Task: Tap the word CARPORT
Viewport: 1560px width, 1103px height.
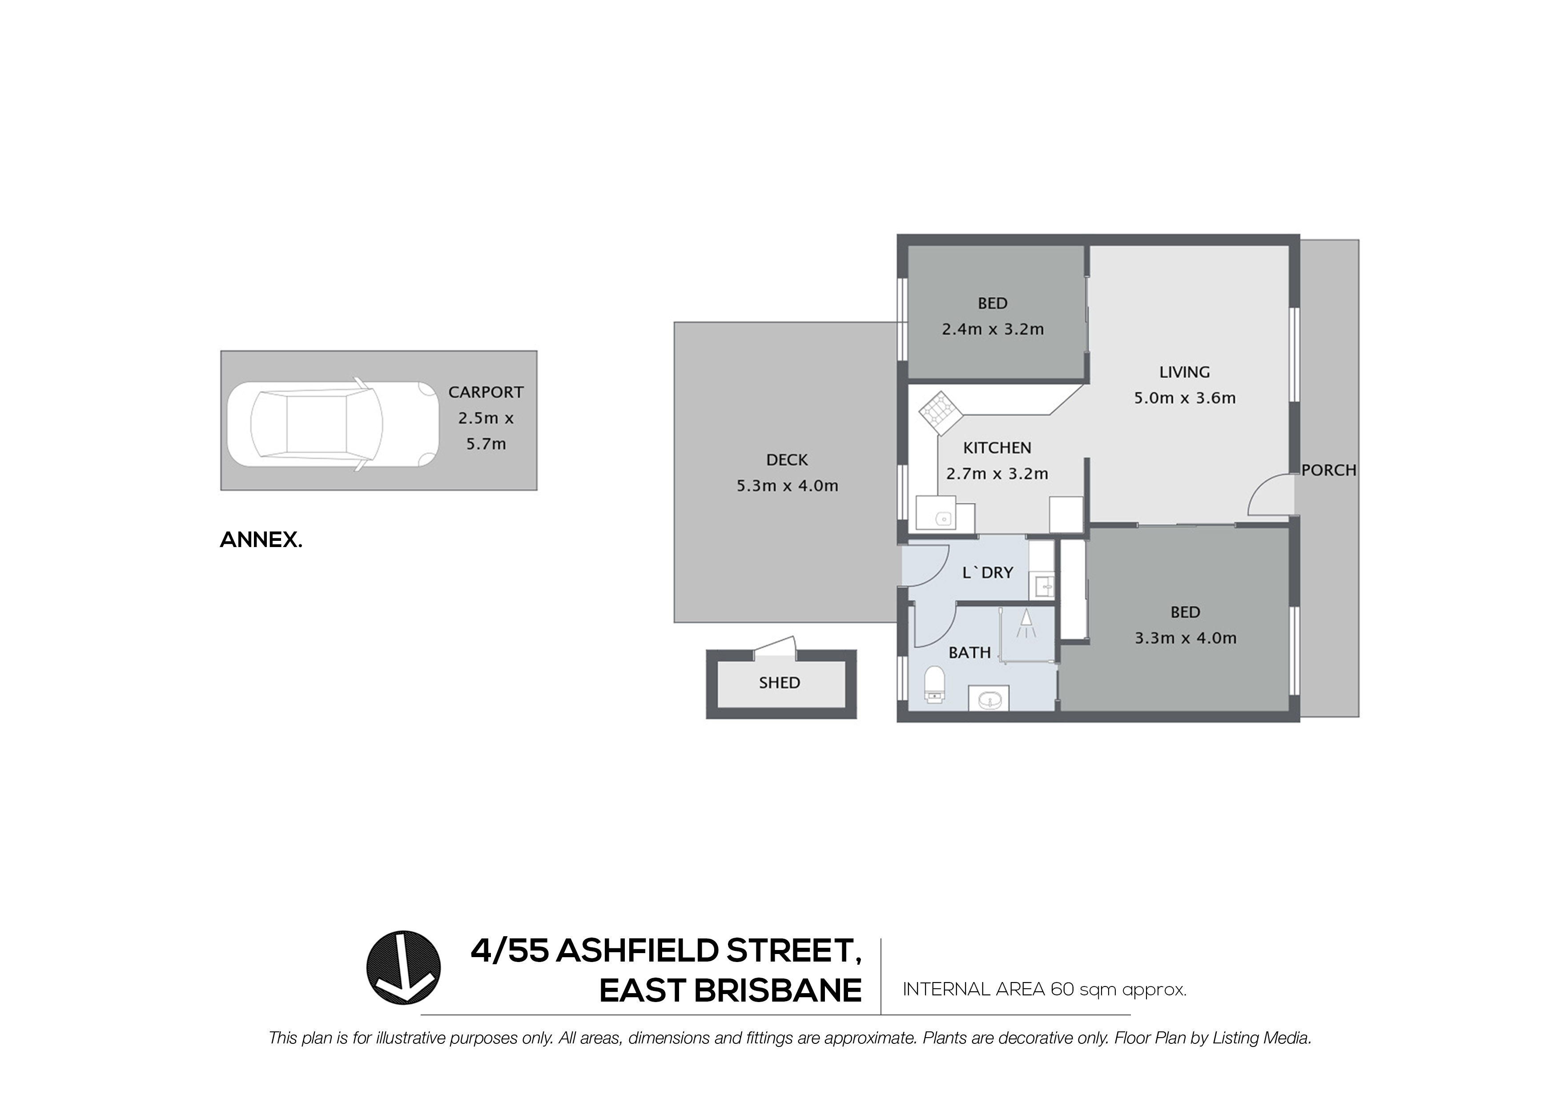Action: (x=485, y=392)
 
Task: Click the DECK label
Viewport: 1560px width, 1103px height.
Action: (x=787, y=460)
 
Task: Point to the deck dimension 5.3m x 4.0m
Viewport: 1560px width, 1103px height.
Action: (x=787, y=486)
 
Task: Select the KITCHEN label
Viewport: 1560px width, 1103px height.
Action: (x=997, y=448)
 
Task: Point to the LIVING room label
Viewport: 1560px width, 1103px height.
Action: (x=1184, y=372)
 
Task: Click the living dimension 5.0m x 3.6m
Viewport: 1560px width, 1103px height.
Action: (x=1184, y=398)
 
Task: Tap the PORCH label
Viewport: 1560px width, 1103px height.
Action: (x=1328, y=470)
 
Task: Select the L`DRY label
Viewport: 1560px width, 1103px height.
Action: (x=987, y=573)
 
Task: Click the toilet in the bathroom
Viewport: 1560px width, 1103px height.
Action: (x=934, y=684)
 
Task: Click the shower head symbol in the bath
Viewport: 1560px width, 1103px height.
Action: (x=1025, y=623)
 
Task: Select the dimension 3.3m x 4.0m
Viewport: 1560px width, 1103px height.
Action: (x=1185, y=638)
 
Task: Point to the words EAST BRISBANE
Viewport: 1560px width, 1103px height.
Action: (x=730, y=991)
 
